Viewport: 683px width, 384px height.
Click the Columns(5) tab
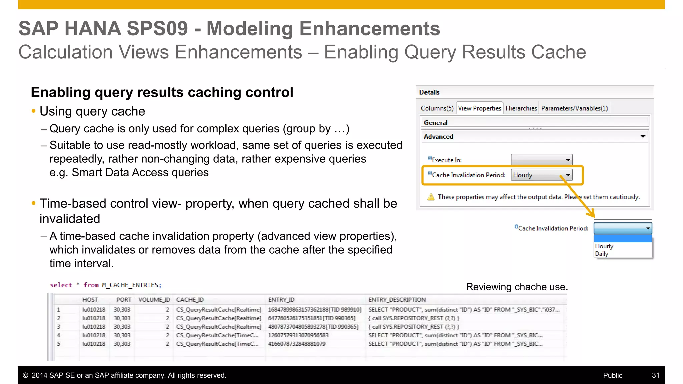[x=437, y=108]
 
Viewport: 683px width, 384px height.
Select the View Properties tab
[x=479, y=108]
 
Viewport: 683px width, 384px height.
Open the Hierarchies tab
[x=521, y=108]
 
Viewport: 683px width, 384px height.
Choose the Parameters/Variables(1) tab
[x=574, y=108]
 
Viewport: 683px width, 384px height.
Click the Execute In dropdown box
[x=542, y=160]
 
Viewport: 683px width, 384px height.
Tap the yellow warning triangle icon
[x=431, y=197]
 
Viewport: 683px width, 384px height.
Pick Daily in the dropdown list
[x=602, y=254]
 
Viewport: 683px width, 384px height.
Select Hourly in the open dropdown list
[x=604, y=246]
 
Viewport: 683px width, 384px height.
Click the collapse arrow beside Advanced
[x=643, y=136]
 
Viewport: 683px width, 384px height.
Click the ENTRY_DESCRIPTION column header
[x=397, y=300]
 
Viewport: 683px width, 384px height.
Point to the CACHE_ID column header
[x=190, y=300]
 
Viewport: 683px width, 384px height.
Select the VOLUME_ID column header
[x=154, y=300]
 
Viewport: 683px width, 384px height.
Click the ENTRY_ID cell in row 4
[x=298, y=335]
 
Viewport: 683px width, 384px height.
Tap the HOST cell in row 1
[x=94, y=310]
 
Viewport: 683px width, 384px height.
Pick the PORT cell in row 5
[x=122, y=344]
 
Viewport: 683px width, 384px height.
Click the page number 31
[x=655, y=375]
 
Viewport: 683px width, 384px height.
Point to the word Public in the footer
[x=612, y=375]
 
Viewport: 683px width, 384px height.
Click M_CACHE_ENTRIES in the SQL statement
[x=131, y=285]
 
